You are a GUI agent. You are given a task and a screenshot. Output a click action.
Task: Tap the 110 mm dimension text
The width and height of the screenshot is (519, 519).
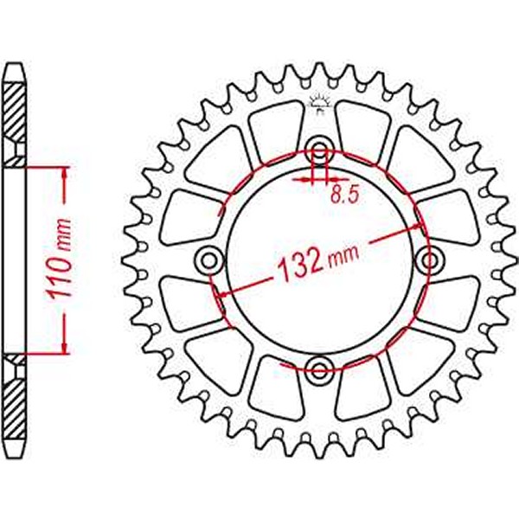60,259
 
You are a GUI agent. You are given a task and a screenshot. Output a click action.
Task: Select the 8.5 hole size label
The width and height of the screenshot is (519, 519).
343,195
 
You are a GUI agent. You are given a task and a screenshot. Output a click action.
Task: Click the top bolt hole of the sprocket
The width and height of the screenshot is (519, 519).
319,149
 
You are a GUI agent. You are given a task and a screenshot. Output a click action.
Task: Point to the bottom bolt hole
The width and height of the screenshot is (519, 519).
319,370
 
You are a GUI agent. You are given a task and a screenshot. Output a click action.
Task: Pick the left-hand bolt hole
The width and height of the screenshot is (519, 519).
208,259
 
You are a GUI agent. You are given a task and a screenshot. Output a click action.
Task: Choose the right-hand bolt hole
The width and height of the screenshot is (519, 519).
430,259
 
